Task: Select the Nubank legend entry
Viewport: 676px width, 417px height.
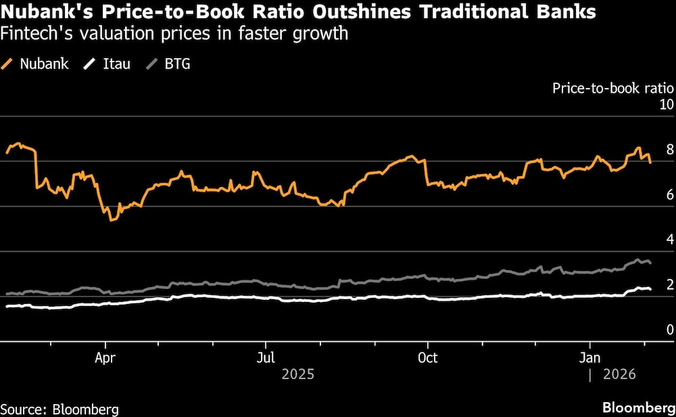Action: [x=37, y=65]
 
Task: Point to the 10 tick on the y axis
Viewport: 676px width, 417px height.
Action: [x=666, y=105]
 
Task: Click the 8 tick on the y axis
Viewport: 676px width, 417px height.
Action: [x=669, y=150]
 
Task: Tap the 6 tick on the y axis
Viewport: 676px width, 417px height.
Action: [x=669, y=195]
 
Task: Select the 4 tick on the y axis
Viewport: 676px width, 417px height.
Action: [x=669, y=240]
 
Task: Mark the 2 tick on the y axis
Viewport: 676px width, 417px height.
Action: [x=669, y=285]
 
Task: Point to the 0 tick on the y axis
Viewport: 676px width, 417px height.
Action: [x=669, y=330]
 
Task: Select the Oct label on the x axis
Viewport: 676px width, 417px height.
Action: [x=427, y=357]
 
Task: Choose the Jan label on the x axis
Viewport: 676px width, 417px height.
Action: [x=591, y=357]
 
